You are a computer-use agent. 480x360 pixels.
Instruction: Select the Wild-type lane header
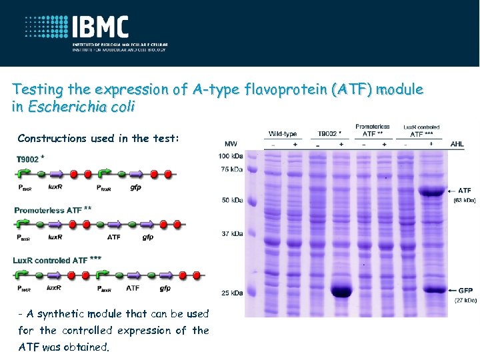pos(283,133)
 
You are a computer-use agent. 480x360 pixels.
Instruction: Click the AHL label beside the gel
pos(458,143)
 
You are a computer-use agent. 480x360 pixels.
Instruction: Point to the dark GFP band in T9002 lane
pos(341,291)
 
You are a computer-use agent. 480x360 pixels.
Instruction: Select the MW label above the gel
pos(231,143)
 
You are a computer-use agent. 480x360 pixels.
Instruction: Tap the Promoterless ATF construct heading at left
pos(48,210)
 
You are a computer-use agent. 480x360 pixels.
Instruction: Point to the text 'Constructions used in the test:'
pos(99,138)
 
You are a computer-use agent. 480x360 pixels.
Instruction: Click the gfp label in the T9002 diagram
pos(135,187)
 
